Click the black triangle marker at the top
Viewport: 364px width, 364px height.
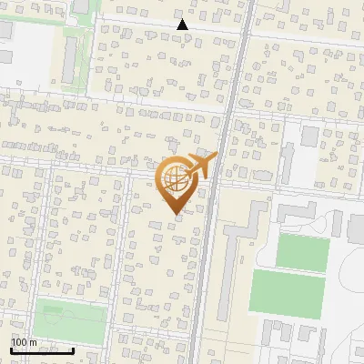[183, 25]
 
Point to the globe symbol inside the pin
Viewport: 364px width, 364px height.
[173, 178]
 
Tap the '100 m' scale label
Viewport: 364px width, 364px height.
[25, 343]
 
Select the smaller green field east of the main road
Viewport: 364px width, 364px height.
[302, 251]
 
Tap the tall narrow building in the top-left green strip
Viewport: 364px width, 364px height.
[72, 57]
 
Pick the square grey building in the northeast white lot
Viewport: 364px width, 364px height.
[310, 136]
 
